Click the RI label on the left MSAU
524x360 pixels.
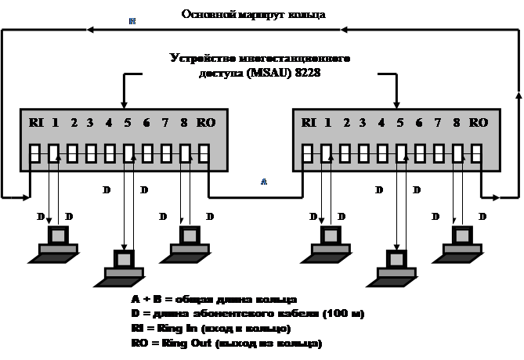click(x=36, y=122)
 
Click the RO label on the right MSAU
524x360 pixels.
click(x=479, y=122)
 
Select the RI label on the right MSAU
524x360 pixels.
click(x=309, y=122)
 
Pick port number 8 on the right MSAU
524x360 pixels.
click(x=456, y=122)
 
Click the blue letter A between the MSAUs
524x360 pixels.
click(x=264, y=181)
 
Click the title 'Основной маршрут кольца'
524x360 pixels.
click(x=253, y=14)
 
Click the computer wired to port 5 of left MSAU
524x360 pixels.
click(x=123, y=265)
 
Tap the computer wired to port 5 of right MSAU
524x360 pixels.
click(x=396, y=266)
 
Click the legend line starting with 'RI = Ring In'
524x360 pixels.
click(x=211, y=329)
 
